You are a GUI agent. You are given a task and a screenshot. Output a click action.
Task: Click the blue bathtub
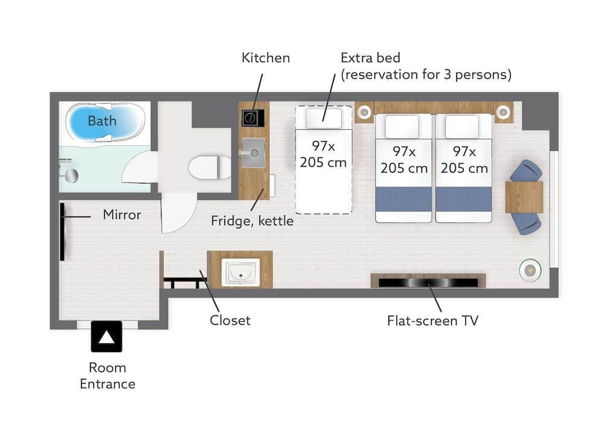point(106,122)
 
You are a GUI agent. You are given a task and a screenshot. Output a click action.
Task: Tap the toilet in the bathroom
point(210,167)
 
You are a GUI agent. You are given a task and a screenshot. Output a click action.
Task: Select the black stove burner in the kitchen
point(253,118)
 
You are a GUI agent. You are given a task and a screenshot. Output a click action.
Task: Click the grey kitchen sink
point(253,153)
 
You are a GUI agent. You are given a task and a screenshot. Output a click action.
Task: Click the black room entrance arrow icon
point(107,336)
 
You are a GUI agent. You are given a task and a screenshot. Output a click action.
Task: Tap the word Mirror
point(122,215)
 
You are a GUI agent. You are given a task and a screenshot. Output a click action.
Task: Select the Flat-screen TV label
point(432,320)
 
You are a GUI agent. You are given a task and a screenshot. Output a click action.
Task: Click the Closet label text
point(230,320)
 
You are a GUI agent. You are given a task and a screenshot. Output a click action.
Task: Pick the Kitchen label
point(266,58)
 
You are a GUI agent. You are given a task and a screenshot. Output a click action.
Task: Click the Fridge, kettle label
point(252,221)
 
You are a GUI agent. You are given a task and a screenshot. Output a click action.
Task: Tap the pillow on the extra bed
point(324,118)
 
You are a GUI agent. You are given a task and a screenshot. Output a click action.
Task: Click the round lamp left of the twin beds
point(364,112)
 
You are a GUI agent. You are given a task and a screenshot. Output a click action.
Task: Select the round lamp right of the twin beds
point(503,112)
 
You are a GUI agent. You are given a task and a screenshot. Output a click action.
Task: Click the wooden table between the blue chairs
point(524,197)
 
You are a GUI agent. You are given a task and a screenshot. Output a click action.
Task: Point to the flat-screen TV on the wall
point(428,282)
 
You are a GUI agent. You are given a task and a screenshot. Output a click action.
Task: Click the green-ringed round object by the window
point(530,270)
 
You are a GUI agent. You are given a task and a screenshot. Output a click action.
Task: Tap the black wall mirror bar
point(62,232)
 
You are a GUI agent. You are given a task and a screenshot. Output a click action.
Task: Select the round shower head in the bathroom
point(72,176)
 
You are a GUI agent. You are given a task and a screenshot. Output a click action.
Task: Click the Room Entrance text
point(107,375)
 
